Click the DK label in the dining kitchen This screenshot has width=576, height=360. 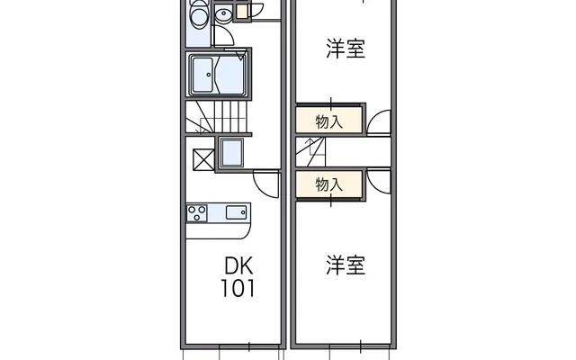click(238, 266)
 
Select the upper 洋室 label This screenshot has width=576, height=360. click(346, 49)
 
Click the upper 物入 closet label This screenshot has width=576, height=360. click(329, 121)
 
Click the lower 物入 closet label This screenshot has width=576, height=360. click(329, 184)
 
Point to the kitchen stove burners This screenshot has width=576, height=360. click(197, 212)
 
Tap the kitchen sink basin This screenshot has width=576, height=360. click(237, 212)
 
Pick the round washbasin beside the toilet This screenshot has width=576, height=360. click(223, 13)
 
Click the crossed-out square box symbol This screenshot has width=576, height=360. click(203, 159)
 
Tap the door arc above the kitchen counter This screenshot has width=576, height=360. click(266, 184)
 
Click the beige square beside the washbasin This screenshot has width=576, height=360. click(242, 12)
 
